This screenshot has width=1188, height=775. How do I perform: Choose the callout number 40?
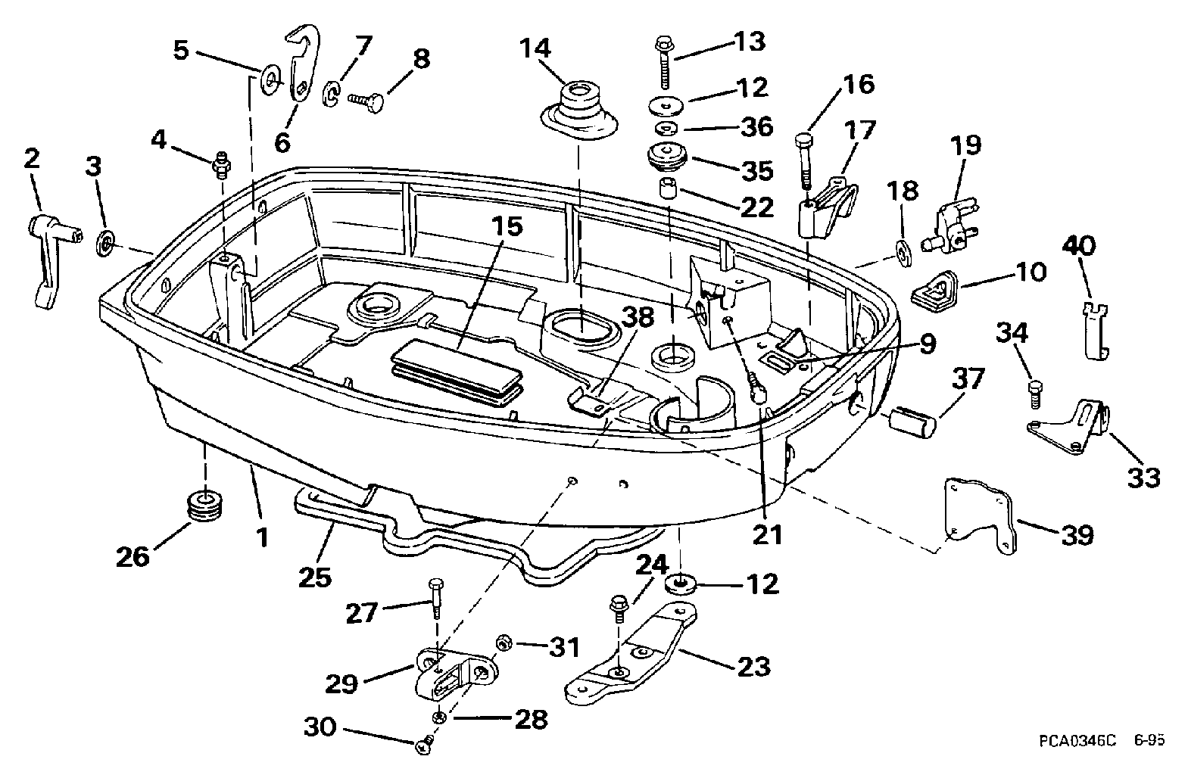1080,246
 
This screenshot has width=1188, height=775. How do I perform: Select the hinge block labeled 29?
452,671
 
